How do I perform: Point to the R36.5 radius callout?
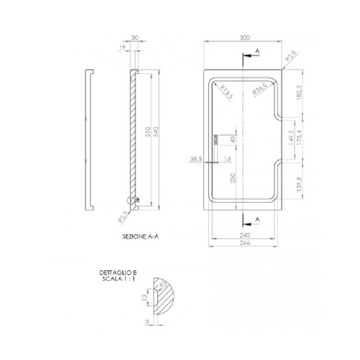point(260,90)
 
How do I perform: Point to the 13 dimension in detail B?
point(142,295)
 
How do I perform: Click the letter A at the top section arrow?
point(257,51)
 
